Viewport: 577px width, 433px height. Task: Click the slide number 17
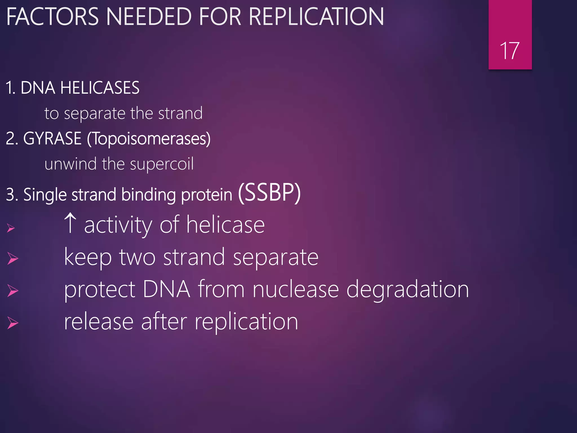[x=510, y=51]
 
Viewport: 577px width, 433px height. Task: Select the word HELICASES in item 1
[x=100, y=88]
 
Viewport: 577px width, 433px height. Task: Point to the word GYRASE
[x=52, y=138]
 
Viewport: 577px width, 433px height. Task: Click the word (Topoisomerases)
[x=149, y=139]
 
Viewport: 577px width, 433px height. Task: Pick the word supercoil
[x=162, y=164]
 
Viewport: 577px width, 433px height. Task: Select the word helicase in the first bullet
[x=225, y=225]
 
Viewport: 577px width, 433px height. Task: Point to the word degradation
[x=407, y=290]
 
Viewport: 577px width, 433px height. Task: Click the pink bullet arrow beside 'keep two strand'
[x=13, y=258]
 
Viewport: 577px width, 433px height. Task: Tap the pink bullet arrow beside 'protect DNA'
[x=13, y=291]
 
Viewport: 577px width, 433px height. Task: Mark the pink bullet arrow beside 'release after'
[x=13, y=323]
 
